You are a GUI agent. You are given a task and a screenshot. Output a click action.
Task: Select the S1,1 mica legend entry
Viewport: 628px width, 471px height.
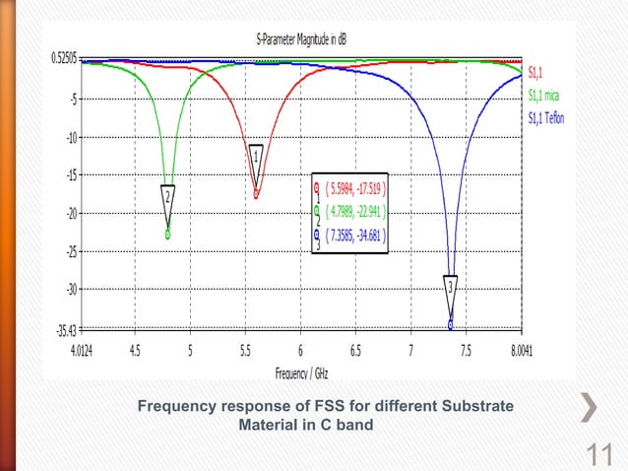coord(543,96)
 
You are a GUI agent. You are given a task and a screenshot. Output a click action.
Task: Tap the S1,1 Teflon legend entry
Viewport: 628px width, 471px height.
coord(546,119)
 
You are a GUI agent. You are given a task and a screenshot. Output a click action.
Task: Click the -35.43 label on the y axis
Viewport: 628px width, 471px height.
coord(66,329)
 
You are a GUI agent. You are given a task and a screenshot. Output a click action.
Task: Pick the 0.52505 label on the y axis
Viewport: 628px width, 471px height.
coord(65,57)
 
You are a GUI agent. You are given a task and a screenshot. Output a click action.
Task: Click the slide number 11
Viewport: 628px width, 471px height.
coord(598,454)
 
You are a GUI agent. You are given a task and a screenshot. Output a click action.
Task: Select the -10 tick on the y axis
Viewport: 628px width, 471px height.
coord(72,137)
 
